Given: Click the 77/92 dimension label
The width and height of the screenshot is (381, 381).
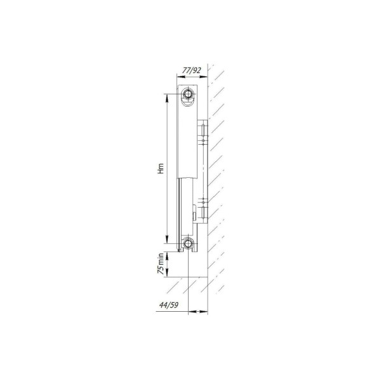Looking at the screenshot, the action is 192,70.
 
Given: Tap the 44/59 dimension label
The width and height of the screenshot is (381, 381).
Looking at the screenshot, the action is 169,305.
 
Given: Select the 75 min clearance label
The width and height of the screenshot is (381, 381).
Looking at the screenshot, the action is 161,264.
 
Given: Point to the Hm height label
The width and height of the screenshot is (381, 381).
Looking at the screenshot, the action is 161,168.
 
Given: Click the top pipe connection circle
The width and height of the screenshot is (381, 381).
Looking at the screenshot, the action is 188,94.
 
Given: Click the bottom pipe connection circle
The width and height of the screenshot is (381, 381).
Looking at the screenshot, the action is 188,243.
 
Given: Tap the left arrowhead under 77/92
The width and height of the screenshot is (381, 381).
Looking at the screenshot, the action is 181,77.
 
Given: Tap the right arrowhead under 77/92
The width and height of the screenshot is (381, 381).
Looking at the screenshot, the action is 204,77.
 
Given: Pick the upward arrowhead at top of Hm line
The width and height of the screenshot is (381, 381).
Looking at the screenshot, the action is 167,98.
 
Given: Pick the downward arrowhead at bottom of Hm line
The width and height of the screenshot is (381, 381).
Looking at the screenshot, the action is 167,239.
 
